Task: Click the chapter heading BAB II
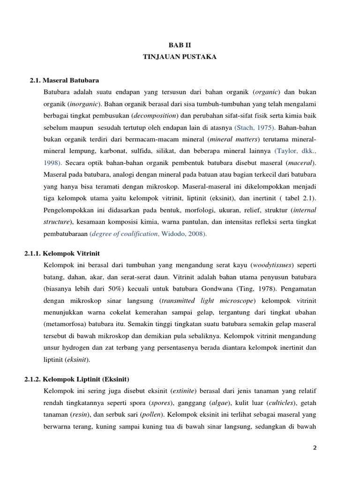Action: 180,45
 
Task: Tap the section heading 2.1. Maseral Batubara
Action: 65,80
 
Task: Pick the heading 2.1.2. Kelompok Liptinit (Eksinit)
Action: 76,379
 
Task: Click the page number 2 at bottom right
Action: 315,448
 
